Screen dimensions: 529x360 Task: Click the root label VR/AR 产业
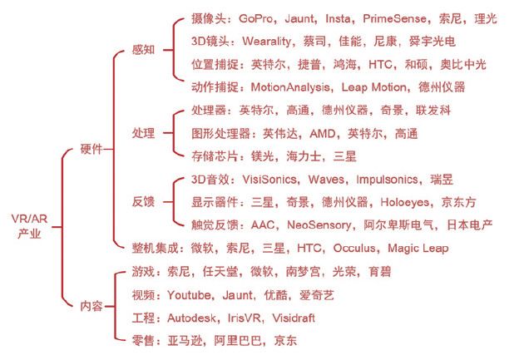[29, 225]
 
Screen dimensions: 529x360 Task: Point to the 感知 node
[143, 50]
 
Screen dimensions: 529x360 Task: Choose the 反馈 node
[143, 202]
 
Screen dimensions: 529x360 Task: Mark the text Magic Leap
[418, 248]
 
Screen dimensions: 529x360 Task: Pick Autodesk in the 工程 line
[191, 318]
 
